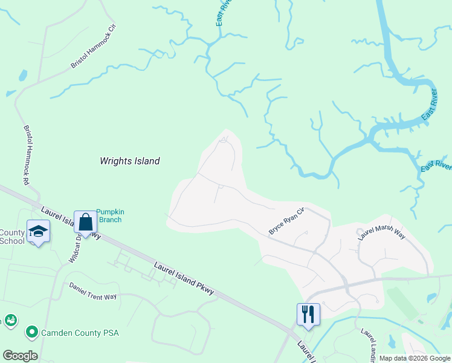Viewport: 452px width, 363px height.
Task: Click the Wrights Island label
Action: tap(129, 161)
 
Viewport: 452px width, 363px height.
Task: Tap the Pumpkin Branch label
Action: tap(109, 215)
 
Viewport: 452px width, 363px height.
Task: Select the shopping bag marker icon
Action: tap(85, 223)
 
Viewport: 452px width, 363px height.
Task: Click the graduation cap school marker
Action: tap(37, 232)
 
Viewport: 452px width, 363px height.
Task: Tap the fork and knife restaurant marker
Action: tap(308, 314)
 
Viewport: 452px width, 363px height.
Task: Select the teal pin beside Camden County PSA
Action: tap(31, 332)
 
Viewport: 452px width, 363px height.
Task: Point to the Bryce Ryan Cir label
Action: tap(285, 222)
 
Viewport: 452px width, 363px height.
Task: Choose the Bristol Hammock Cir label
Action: tap(92, 46)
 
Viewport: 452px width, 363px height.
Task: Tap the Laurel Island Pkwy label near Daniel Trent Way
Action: tap(184, 279)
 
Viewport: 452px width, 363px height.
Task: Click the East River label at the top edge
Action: tap(223, 13)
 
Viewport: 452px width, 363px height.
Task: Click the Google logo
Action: tap(20, 356)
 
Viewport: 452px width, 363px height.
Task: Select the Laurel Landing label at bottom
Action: tap(369, 346)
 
